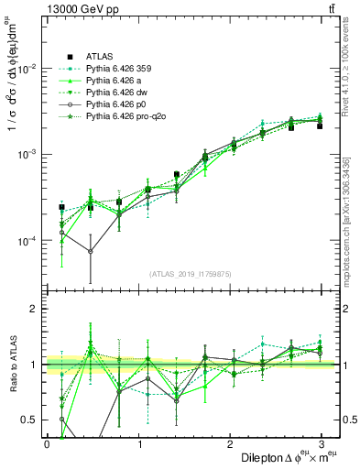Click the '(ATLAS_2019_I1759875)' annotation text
(x=191, y=273)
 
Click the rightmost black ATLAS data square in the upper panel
(x=320, y=125)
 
